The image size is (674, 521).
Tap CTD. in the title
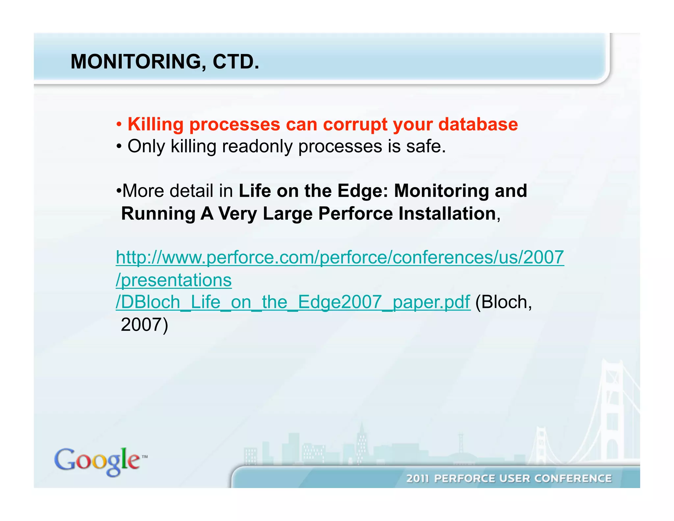coord(236,62)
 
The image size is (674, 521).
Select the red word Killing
coord(155,124)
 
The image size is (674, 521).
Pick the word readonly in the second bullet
coord(257,147)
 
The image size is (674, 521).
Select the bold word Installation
coord(447,214)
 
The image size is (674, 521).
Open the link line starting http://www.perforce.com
coord(340,257)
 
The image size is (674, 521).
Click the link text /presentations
coord(174,280)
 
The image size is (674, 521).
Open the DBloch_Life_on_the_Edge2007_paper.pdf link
coord(293,302)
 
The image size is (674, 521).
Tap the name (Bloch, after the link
coord(503,302)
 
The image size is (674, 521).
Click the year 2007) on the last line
coord(144,325)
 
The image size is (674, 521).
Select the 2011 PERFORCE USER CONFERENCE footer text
coord(508,478)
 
